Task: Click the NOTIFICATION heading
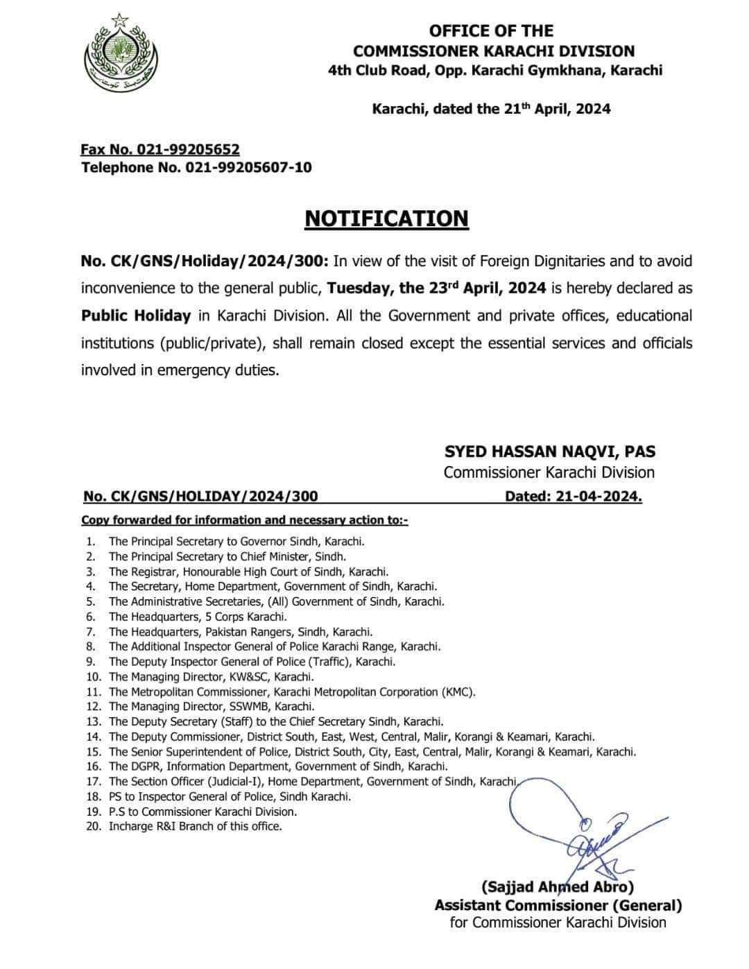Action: (x=386, y=218)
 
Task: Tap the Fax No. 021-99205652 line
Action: (x=160, y=149)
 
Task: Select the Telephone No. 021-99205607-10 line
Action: (x=196, y=167)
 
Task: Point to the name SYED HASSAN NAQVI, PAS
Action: (x=549, y=452)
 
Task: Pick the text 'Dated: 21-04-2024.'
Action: (x=573, y=496)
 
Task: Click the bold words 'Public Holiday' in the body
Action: (x=136, y=316)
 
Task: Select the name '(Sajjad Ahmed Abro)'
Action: (x=557, y=886)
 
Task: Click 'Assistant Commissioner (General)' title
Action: (x=558, y=904)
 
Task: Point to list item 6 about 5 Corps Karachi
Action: (x=198, y=617)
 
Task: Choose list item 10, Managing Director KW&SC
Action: (x=211, y=676)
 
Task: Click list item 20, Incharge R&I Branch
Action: (x=195, y=826)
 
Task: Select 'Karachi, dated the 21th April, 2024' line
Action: (x=491, y=109)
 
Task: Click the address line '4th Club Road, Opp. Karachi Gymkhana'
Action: (x=495, y=70)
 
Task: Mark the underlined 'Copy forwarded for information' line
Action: (x=244, y=520)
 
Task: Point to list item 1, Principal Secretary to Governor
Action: (x=236, y=542)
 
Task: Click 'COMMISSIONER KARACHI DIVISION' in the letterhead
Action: (x=493, y=51)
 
